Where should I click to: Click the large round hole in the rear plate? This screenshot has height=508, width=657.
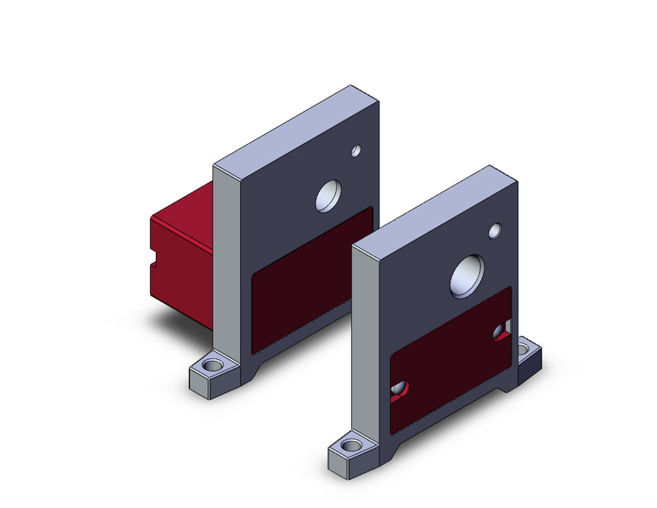328,195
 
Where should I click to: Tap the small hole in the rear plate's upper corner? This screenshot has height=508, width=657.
355,151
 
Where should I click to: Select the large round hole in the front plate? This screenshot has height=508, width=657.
467,276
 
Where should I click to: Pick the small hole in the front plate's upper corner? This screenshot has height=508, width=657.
495,231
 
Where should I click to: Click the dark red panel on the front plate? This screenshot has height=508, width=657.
450,363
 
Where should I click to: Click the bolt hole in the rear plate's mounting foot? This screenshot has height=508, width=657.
212,361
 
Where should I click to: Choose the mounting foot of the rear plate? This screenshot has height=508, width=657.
216,370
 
